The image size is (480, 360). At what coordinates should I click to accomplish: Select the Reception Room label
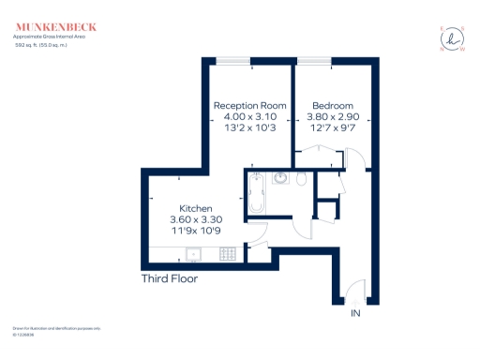coord(249,105)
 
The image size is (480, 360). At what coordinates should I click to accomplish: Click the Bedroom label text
coord(333,105)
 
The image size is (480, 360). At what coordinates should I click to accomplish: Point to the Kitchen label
coord(197,208)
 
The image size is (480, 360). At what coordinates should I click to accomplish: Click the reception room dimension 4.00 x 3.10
coord(249,116)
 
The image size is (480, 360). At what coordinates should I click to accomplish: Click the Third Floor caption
coord(169,278)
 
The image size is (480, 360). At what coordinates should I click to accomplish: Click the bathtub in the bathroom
coord(259,194)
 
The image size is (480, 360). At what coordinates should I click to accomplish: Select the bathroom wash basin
coord(280,178)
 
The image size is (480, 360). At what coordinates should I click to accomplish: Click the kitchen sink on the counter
coord(194,253)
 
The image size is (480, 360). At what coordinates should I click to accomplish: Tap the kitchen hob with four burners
coord(227,253)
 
